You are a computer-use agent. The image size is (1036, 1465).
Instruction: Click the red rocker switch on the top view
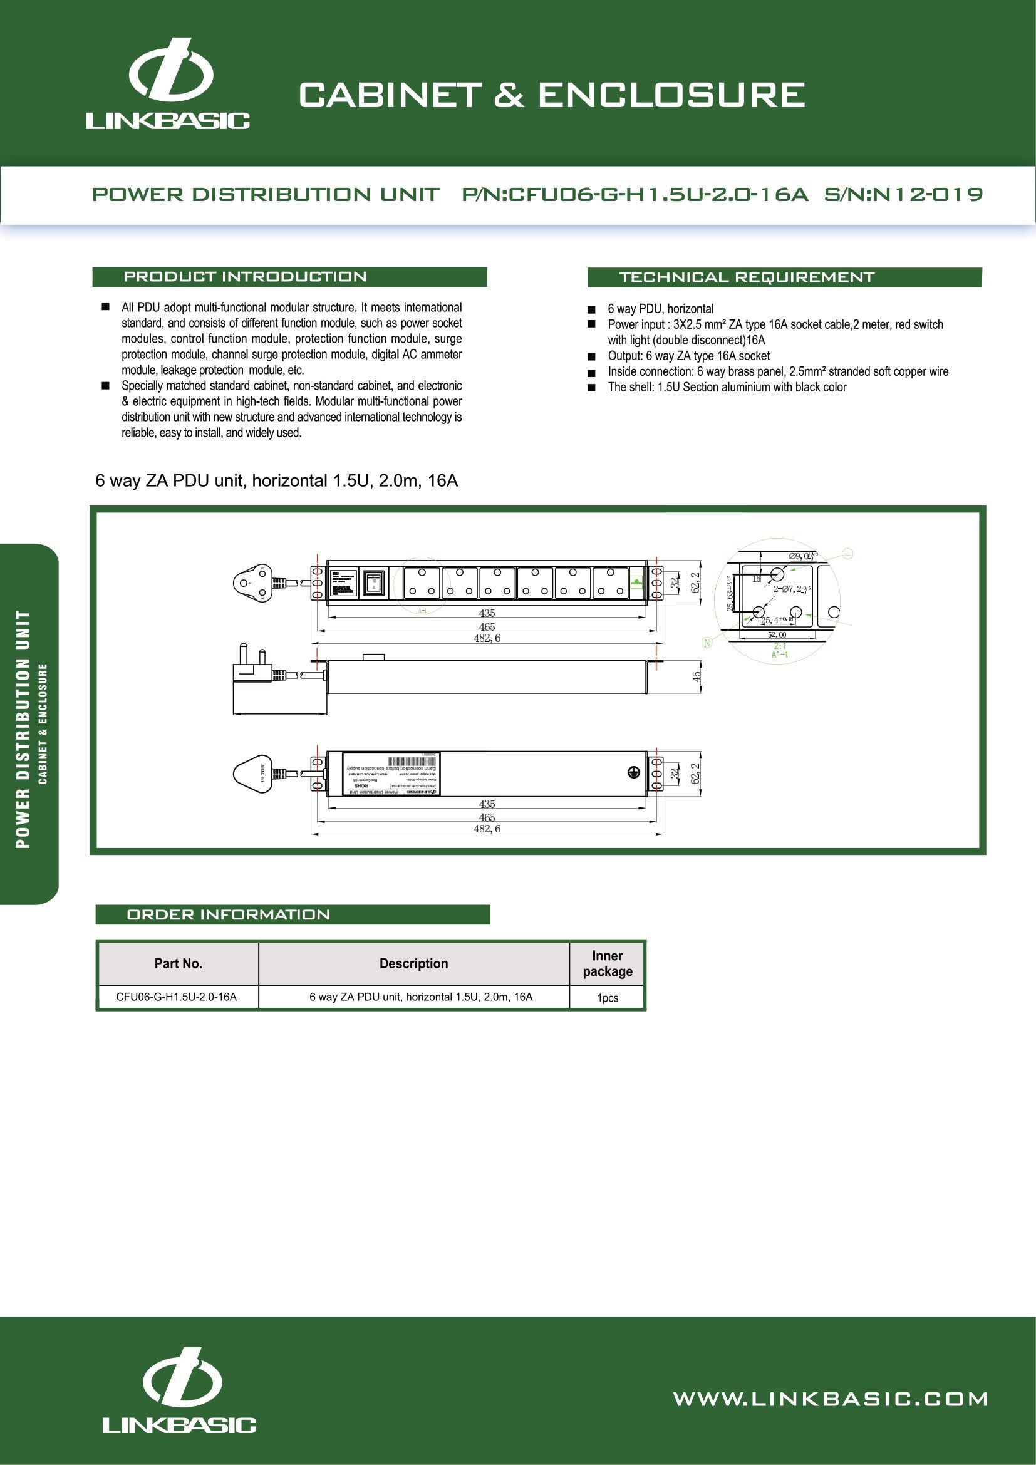[x=373, y=582]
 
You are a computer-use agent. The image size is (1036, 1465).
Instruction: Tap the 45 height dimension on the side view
[x=697, y=676]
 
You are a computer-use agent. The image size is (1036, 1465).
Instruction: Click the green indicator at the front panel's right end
[x=635, y=581]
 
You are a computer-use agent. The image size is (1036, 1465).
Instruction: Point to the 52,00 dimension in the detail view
[x=777, y=635]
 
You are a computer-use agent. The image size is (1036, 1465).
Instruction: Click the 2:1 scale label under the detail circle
[x=780, y=646]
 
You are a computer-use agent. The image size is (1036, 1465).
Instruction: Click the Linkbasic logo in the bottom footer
[x=180, y=1399]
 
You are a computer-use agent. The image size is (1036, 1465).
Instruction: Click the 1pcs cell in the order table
[x=608, y=998]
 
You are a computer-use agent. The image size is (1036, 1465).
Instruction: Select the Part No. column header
[x=178, y=963]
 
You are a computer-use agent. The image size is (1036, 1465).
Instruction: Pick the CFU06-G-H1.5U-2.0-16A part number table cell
[x=177, y=997]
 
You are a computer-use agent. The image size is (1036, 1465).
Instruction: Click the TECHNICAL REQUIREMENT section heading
[x=747, y=277]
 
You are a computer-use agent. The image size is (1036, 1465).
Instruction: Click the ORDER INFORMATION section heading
[x=229, y=914]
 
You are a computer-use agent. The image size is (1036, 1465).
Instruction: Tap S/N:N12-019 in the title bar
[x=903, y=194]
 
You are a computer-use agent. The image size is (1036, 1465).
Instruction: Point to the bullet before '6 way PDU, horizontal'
[x=591, y=309]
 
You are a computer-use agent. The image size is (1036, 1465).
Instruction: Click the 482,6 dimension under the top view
[x=487, y=638]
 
